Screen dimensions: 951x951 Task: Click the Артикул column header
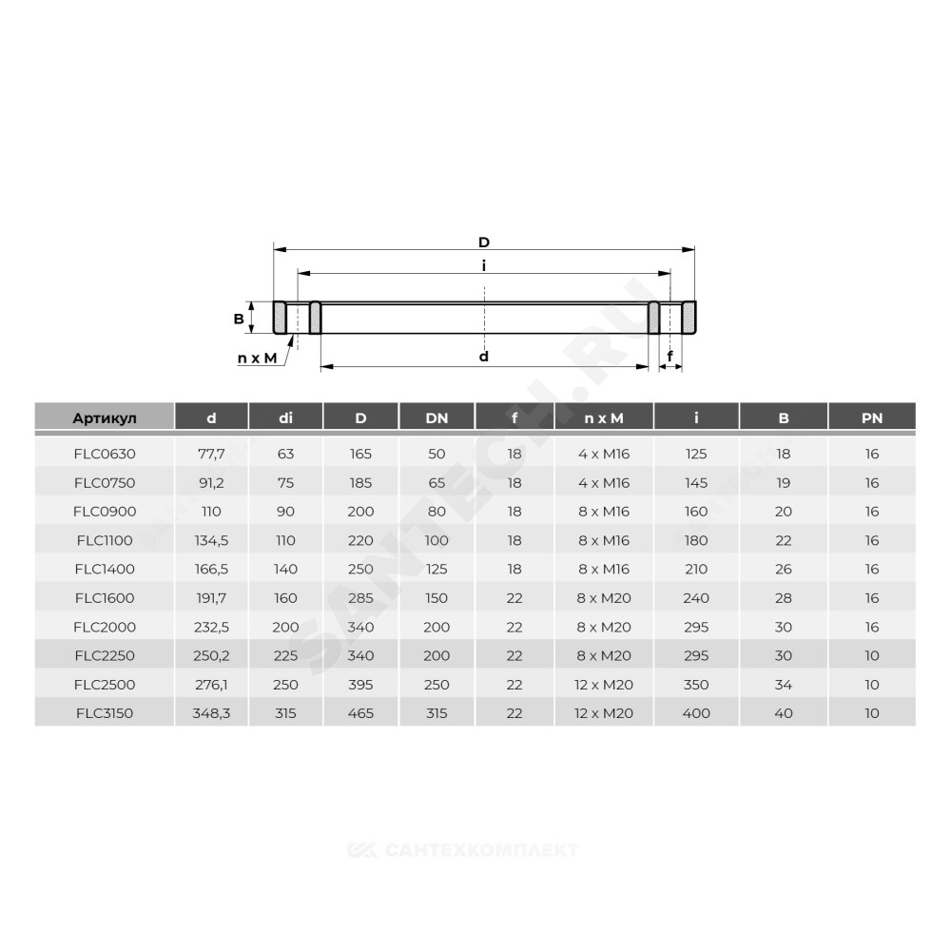click(x=105, y=417)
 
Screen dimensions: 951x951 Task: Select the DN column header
click(x=437, y=417)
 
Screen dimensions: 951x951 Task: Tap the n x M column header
click(x=604, y=417)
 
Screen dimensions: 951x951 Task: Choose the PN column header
click(x=871, y=417)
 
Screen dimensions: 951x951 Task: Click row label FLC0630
click(x=105, y=454)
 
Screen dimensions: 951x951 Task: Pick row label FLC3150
click(x=105, y=713)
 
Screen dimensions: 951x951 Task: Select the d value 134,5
click(x=211, y=540)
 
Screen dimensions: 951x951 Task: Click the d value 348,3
click(x=211, y=713)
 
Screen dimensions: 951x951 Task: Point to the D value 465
click(x=360, y=713)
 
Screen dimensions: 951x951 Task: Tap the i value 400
click(x=696, y=713)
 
